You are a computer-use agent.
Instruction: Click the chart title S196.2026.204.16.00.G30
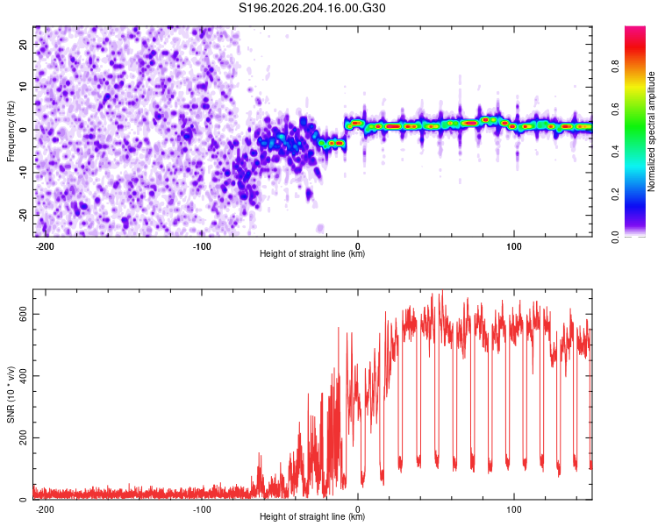(x=311, y=8)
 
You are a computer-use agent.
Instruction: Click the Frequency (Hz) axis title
(x=11, y=131)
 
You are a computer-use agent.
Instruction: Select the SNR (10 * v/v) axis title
(x=11, y=394)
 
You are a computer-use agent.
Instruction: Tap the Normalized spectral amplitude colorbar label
(x=651, y=131)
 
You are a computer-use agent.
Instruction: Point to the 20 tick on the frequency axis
(x=23, y=44)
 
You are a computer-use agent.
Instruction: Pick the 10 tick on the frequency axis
(x=23, y=87)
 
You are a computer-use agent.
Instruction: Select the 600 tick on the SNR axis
(x=23, y=314)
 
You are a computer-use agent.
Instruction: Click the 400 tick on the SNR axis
(x=23, y=376)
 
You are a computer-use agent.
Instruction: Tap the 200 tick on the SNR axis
(x=23, y=438)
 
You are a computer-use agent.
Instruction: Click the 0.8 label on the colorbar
(x=615, y=67)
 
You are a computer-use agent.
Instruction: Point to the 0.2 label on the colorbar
(x=615, y=195)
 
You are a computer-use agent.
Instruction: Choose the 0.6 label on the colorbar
(x=615, y=109)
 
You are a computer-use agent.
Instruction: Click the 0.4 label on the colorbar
(x=615, y=152)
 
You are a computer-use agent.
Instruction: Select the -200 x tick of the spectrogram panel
(x=45, y=246)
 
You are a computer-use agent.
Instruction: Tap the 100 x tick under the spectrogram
(x=513, y=246)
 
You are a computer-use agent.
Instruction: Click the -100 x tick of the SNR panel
(x=202, y=509)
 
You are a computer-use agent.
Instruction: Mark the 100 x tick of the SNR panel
(x=513, y=509)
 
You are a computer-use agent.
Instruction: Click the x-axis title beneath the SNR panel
(x=312, y=516)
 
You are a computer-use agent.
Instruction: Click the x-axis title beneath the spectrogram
(x=312, y=253)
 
